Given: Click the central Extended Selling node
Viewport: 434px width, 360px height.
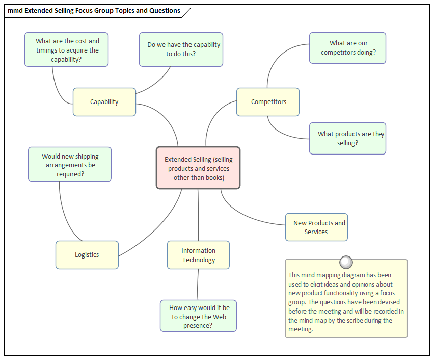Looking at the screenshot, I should pos(198,168).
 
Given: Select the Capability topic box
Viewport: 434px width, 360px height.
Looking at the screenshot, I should pos(104,102).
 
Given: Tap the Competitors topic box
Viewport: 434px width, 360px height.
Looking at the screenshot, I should pos(268,102).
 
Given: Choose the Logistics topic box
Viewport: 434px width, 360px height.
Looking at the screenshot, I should pos(87,255).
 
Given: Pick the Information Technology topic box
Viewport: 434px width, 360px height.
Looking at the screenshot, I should pos(198,255).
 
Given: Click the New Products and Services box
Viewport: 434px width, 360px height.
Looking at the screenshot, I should pos(316,227).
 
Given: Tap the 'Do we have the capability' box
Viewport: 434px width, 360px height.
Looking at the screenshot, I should pos(181,49).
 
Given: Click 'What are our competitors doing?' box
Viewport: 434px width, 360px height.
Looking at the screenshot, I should pos(347,48).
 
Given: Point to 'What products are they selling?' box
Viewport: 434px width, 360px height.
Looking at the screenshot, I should pos(347,138).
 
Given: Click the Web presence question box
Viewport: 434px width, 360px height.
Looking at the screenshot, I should pos(199,316).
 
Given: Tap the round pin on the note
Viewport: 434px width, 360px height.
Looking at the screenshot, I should pos(346,262).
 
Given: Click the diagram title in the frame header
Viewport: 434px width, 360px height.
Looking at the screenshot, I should pos(94,10).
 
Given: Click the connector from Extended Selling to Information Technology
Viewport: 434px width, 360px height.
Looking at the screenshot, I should pos(198,214).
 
